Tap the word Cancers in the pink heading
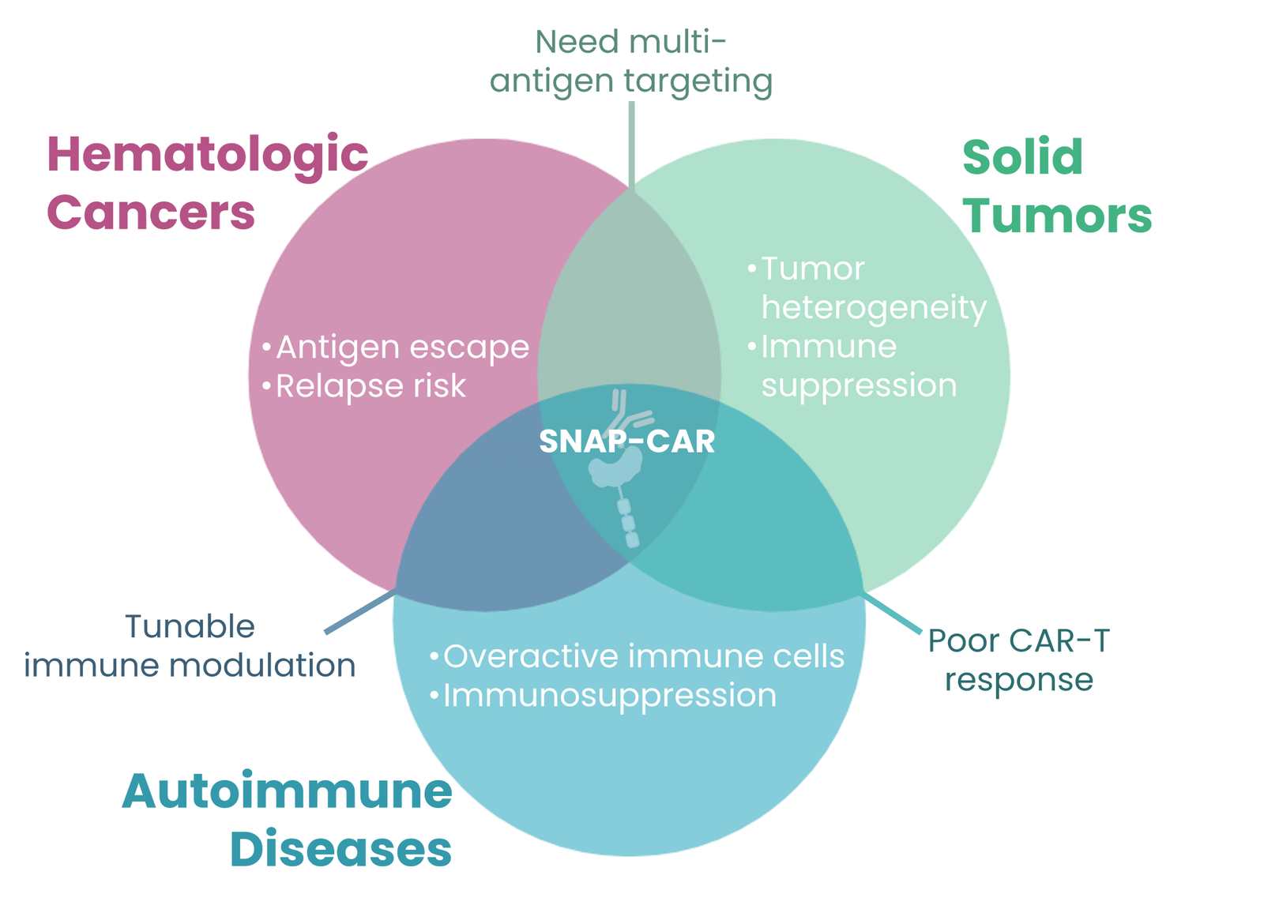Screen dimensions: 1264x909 point(151,212)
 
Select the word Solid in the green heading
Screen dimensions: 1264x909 point(1022,157)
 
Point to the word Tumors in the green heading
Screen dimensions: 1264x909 point(1057,216)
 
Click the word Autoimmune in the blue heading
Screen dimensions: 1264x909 point(288,791)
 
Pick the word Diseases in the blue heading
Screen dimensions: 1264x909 point(340,849)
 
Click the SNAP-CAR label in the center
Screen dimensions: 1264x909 point(627,441)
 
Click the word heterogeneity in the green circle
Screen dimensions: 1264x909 point(874,308)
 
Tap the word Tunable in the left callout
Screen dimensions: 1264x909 point(190,626)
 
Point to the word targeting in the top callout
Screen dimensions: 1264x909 point(698,82)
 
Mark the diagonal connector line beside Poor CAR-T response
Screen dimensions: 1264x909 point(891,613)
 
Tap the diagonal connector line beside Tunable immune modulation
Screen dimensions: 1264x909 point(360,613)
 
